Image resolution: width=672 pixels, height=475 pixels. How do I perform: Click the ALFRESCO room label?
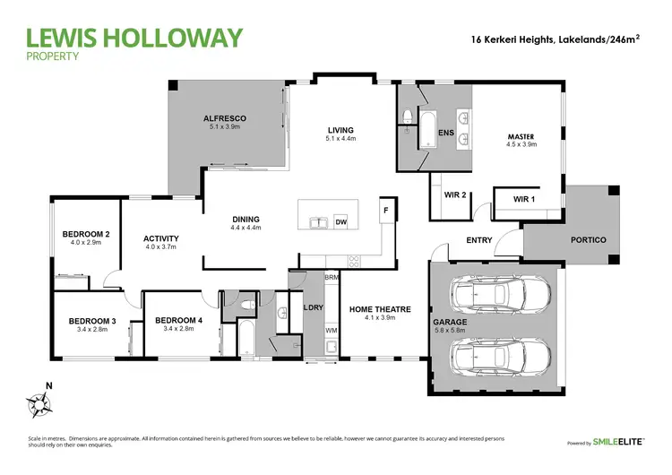[224, 118]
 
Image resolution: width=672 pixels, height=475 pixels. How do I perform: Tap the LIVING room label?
[341, 130]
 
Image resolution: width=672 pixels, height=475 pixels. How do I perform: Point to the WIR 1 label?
[524, 199]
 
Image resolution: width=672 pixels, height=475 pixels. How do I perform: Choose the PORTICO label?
[588, 240]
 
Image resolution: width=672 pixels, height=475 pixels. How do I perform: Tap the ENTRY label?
[479, 240]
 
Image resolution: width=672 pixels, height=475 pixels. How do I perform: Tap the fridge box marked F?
[385, 210]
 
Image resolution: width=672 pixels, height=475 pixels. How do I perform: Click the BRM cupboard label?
[331, 278]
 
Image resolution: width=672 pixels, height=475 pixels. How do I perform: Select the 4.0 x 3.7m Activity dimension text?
[161, 247]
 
